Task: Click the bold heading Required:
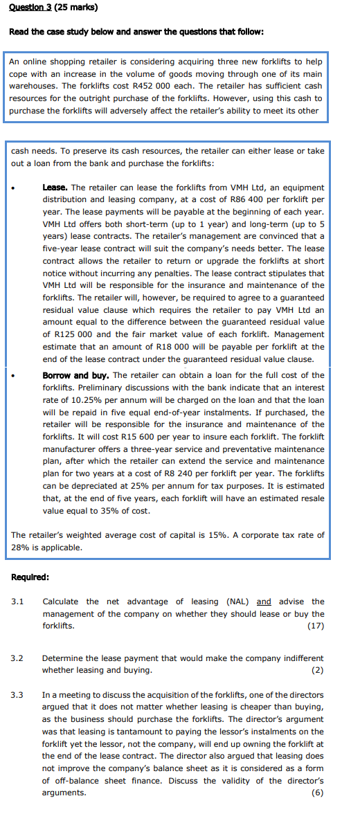pyautogui.click(x=30, y=577)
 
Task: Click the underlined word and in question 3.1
pyautogui.click(x=264, y=602)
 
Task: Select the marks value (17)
pyautogui.click(x=315, y=626)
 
